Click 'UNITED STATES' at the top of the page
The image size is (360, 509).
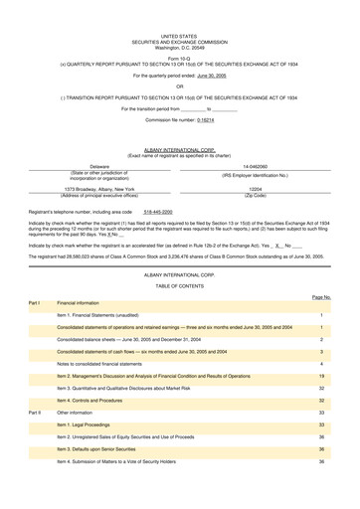point(180,6)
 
